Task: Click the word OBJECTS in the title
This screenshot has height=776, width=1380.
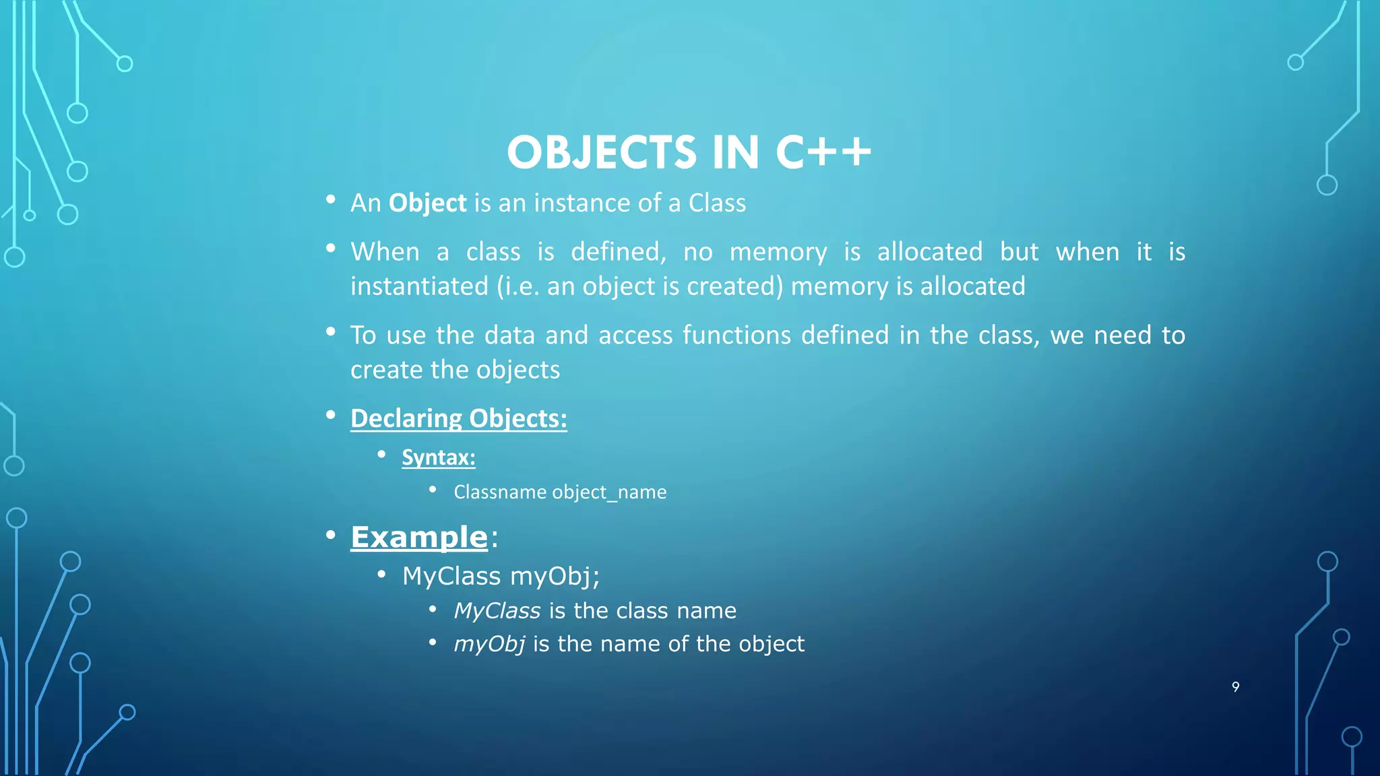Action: click(x=601, y=153)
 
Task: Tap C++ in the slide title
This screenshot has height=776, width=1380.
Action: click(x=823, y=153)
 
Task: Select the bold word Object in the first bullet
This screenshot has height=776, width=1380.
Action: click(x=427, y=203)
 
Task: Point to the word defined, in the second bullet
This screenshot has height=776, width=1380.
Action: click(x=618, y=252)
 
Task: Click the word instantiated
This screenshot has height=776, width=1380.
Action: click(x=419, y=286)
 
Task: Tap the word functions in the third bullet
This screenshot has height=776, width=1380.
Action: click(x=736, y=335)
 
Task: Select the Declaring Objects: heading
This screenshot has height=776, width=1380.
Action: click(x=458, y=418)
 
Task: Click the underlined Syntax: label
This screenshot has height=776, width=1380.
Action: click(x=439, y=457)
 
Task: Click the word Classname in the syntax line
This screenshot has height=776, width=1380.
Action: click(x=499, y=492)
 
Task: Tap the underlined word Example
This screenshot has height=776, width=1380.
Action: click(x=418, y=537)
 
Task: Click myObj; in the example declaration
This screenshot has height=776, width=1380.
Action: click(x=555, y=577)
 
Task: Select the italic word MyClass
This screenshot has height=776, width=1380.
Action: click(x=497, y=611)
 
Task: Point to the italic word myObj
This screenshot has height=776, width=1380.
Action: click(x=489, y=645)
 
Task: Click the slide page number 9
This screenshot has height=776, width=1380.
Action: click(x=1235, y=687)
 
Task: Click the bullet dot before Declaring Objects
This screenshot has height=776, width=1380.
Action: click(x=330, y=416)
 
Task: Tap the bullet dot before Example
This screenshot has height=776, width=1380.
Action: click(x=330, y=536)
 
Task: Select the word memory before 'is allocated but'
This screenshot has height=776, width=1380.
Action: click(x=778, y=252)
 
